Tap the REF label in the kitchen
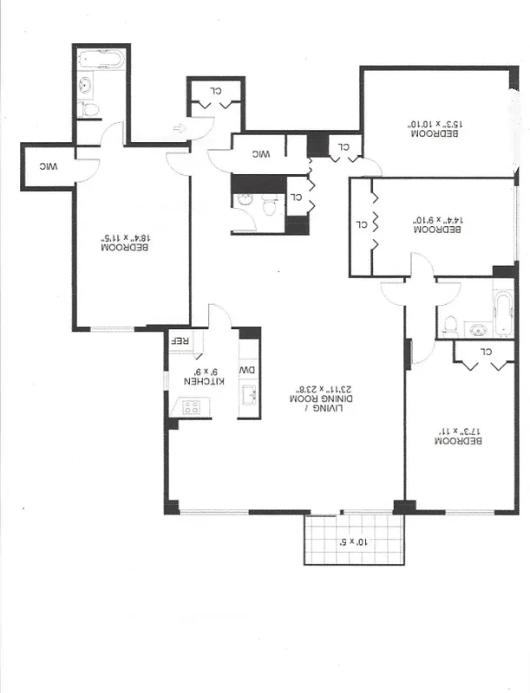click(x=180, y=341)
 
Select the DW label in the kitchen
click(x=248, y=370)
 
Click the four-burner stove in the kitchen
click(x=191, y=406)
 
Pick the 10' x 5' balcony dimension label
click(x=354, y=542)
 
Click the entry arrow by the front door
click(x=180, y=130)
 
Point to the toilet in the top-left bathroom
click(x=88, y=110)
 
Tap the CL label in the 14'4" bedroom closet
click(x=361, y=224)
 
